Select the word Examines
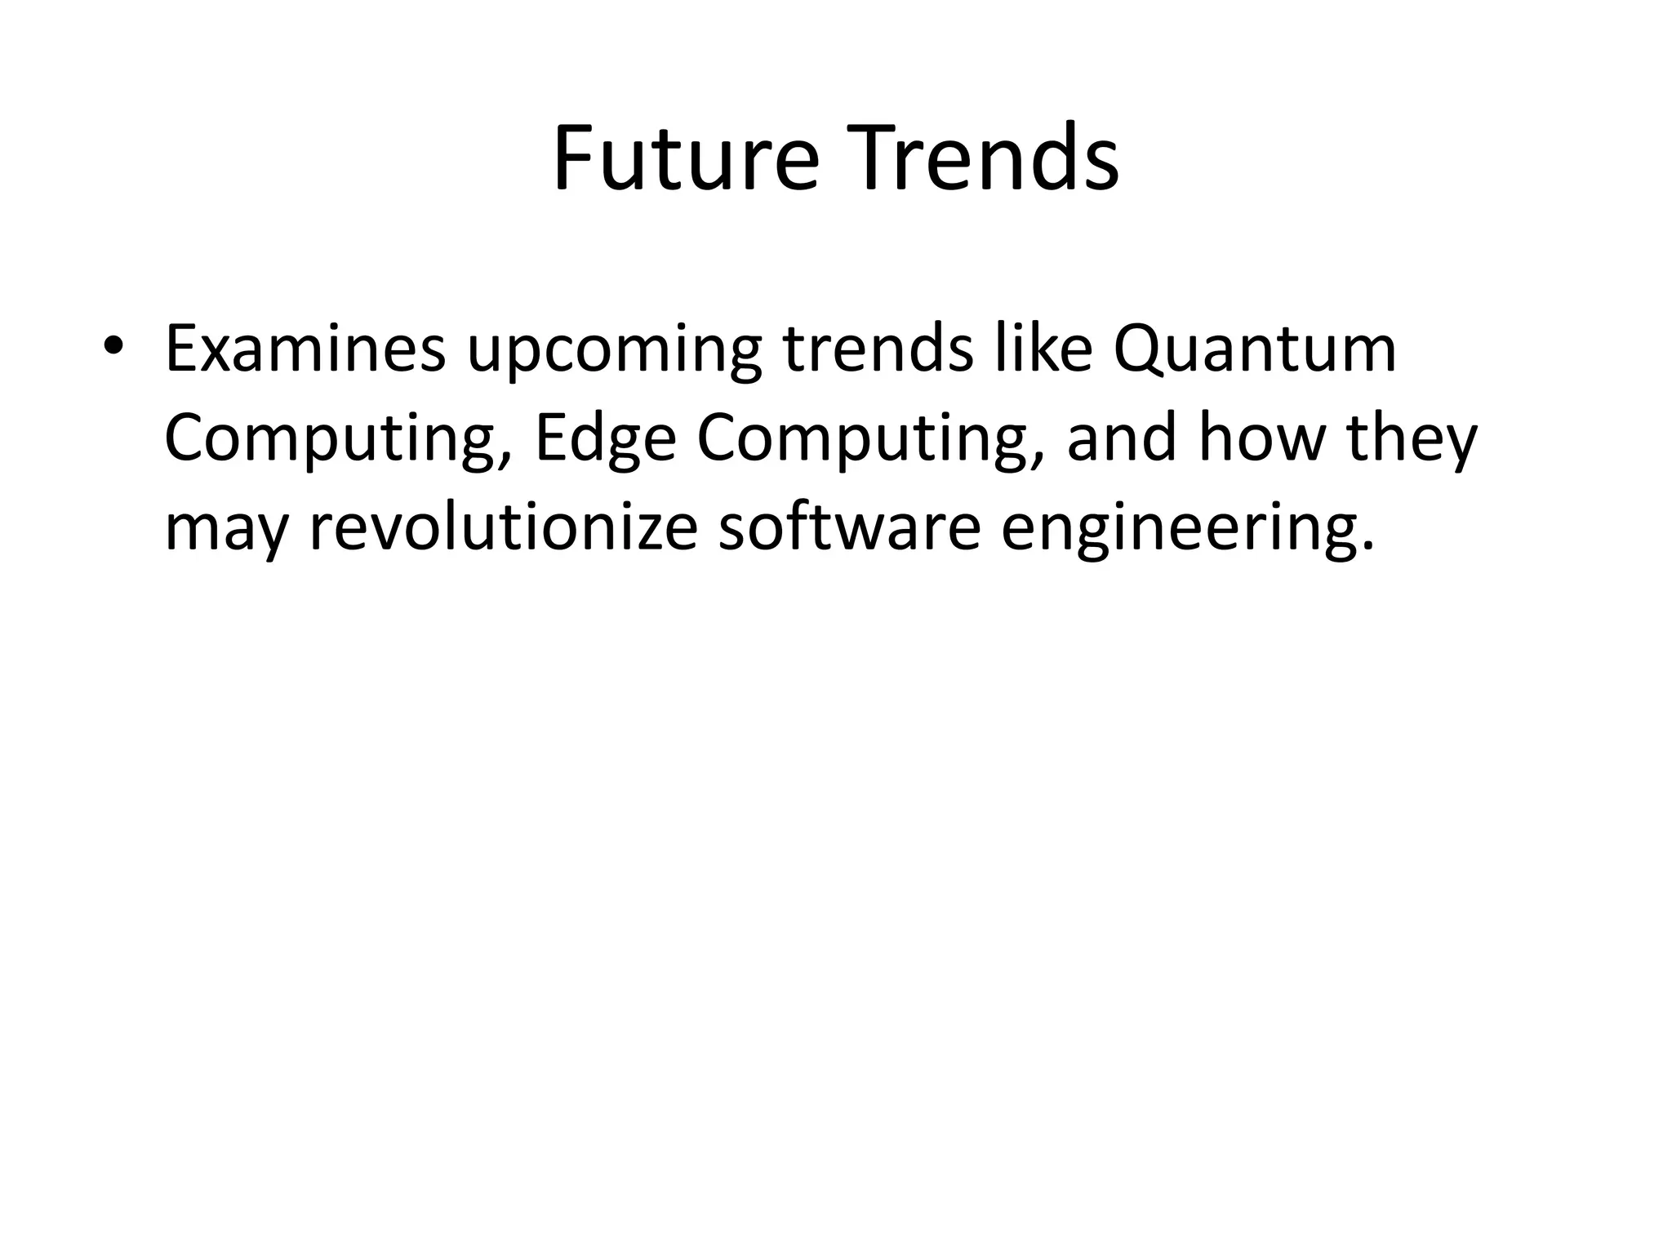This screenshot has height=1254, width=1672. pyautogui.click(x=305, y=349)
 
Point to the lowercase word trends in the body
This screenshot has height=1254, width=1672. pyautogui.click(x=878, y=349)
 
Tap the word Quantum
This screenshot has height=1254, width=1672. pyautogui.click(x=1254, y=351)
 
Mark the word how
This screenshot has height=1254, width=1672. pyautogui.click(x=1261, y=438)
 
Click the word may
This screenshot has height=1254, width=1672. pyautogui.click(x=227, y=532)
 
